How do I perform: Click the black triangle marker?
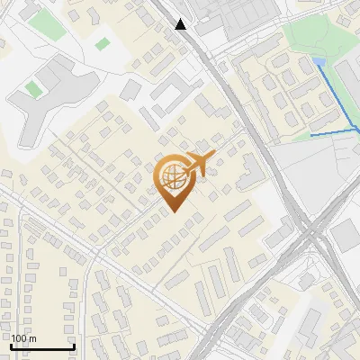click(x=182, y=24)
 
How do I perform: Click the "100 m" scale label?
click(x=23, y=338)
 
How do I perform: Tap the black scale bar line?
click(x=42, y=347)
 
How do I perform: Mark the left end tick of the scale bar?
click(x=12, y=346)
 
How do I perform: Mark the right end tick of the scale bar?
click(x=73, y=346)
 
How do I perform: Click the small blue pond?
click(x=319, y=62)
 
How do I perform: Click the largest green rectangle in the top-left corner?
click(x=46, y=24)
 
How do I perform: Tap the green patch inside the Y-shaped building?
click(x=33, y=89)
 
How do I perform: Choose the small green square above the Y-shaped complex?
click(x=102, y=43)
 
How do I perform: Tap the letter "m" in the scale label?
click(x=31, y=338)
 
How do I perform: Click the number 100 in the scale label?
click(x=19, y=338)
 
